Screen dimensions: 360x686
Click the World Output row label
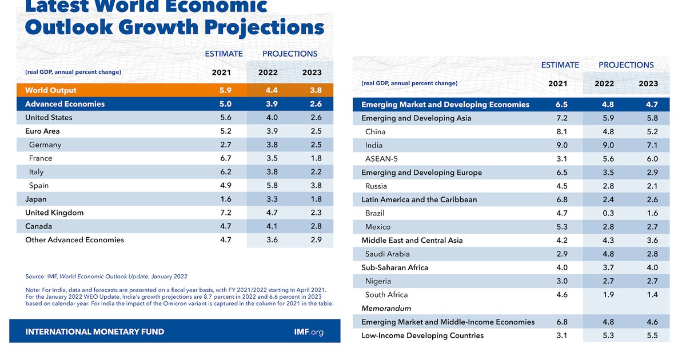51,90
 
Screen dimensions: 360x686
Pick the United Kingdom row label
54,213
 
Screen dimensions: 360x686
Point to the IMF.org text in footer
308,331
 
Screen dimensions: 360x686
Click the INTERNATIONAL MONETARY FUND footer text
95,331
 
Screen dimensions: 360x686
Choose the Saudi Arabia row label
388,254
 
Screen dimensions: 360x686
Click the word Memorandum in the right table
387,308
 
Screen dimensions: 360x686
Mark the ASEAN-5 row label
381,159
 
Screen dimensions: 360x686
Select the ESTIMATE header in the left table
224,54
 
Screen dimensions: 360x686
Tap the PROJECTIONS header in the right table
626,65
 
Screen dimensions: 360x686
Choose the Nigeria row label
378,281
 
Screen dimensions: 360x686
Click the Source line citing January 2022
106,277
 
